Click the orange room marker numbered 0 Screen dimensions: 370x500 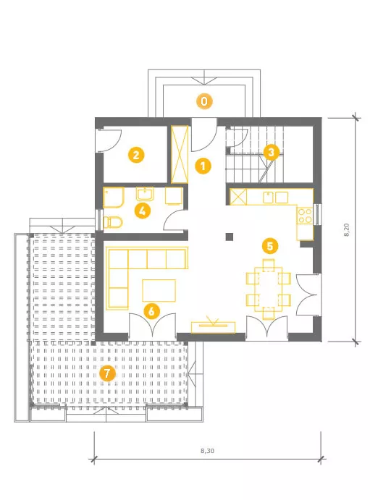(203, 101)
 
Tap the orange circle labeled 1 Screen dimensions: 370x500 (203, 166)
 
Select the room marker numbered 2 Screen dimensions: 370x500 (136, 155)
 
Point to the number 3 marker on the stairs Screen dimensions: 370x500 (271, 153)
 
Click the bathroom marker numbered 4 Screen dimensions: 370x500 (142, 211)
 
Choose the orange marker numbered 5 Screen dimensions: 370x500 (270, 246)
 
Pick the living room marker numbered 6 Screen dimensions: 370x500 (151, 311)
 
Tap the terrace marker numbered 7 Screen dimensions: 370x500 (107, 373)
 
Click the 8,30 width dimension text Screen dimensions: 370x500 (207, 451)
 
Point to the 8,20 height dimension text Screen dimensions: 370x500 (346, 229)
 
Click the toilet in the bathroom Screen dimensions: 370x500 (113, 222)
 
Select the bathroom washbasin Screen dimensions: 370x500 (145, 194)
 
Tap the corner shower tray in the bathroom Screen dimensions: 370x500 (114, 198)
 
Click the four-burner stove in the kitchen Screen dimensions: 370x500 (305, 216)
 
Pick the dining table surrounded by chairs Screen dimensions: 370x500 (268, 289)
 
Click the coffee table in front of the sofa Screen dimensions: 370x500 (159, 290)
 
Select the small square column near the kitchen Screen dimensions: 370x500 (230, 237)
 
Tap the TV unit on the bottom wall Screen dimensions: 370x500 (213, 328)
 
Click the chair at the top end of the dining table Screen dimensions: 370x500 (269, 265)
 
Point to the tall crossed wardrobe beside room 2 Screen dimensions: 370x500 (180, 154)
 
